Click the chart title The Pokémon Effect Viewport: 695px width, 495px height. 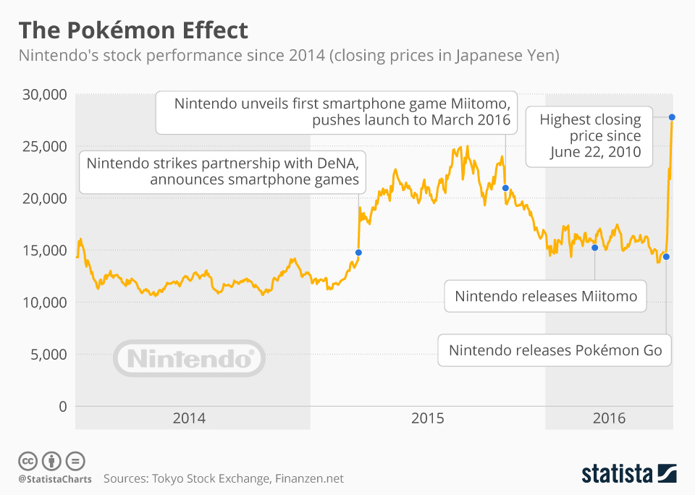(x=133, y=30)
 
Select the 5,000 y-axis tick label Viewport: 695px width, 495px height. (x=49, y=355)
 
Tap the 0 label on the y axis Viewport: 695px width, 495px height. (x=62, y=407)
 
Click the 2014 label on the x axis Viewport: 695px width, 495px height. (x=189, y=418)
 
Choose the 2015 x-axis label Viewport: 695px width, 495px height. (x=427, y=418)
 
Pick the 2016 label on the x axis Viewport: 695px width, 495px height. (x=609, y=418)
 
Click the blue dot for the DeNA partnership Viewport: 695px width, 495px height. (x=358, y=253)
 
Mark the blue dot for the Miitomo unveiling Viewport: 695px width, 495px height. (x=505, y=188)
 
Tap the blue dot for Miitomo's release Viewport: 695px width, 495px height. (x=594, y=247)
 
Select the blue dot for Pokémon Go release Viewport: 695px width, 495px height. (x=666, y=257)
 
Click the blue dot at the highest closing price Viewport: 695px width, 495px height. (x=672, y=117)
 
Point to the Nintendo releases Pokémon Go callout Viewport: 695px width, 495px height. (x=555, y=351)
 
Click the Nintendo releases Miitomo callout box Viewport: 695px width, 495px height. (x=545, y=296)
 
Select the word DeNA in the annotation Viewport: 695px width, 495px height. (x=336, y=162)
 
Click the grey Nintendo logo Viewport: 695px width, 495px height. (x=189, y=358)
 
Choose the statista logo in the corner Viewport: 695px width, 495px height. (x=629, y=474)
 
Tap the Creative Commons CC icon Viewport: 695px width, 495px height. (x=28, y=461)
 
